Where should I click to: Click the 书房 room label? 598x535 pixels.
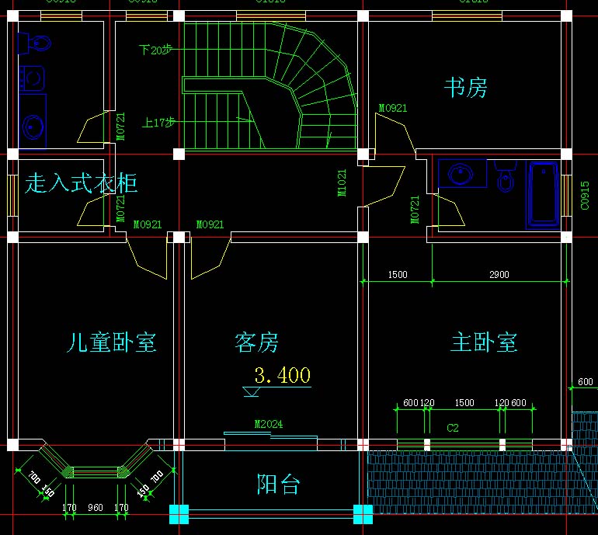(465, 87)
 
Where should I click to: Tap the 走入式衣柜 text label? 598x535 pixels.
(82, 183)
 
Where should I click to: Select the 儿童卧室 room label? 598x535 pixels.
(112, 342)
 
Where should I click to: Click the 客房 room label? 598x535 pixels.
(256, 342)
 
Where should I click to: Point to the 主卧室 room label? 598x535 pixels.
(484, 342)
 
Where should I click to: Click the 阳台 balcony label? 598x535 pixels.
(279, 485)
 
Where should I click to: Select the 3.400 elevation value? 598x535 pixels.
(283, 376)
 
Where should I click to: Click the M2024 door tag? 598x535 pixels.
(269, 424)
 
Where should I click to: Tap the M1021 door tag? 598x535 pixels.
(342, 183)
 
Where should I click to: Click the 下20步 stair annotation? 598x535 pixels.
(156, 50)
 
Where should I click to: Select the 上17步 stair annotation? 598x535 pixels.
(158, 123)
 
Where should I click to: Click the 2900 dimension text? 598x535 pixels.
(499, 275)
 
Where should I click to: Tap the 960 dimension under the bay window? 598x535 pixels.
(95, 508)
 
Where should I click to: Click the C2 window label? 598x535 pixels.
(453, 428)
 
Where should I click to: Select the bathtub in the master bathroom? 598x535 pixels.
(543, 195)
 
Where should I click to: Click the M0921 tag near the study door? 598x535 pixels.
(393, 108)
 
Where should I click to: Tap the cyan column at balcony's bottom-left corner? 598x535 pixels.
(179, 513)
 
